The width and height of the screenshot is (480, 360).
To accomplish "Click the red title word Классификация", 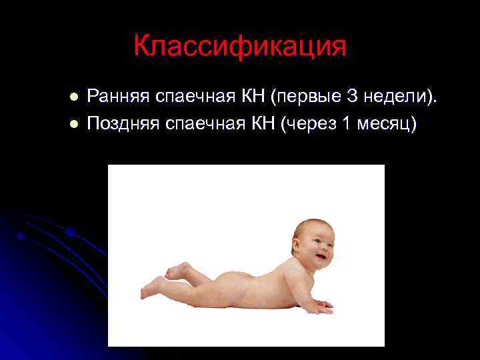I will pos(240,47).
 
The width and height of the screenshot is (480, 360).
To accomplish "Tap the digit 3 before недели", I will pos(354,97).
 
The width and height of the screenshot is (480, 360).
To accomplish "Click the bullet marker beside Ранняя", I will pos(75,98).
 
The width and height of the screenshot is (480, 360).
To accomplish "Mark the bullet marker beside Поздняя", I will pos(75,125).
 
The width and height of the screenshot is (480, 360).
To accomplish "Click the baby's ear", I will pos(298,246).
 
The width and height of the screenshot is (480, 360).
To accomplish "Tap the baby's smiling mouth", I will pos(322,256).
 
